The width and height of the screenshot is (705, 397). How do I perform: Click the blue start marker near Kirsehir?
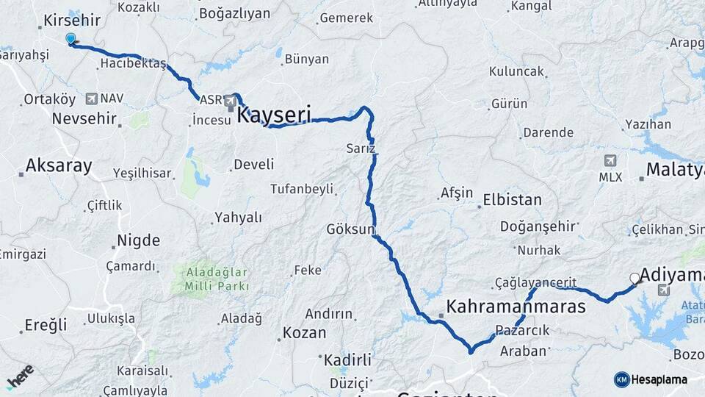(x=70, y=38)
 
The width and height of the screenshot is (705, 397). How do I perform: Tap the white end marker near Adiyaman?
(x=634, y=278)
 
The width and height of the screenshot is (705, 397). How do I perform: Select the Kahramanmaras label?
(x=516, y=306)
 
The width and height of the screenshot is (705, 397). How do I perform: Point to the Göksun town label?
(x=351, y=229)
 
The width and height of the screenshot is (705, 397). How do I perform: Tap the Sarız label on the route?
(x=361, y=149)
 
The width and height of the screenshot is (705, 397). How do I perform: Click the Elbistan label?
(x=512, y=200)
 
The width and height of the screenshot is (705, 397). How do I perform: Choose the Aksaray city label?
(x=59, y=166)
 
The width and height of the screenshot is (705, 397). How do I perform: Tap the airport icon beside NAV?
(x=91, y=98)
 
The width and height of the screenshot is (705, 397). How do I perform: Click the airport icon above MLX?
(x=610, y=160)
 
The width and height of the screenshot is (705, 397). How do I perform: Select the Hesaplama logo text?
(x=658, y=379)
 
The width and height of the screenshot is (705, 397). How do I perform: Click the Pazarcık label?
(x=522, y=331)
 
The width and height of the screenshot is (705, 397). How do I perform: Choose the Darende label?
(x=547, y=133)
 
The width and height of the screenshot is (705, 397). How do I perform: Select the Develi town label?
(x=253, y=164)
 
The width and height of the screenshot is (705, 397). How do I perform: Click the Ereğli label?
(x=46, y=324)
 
